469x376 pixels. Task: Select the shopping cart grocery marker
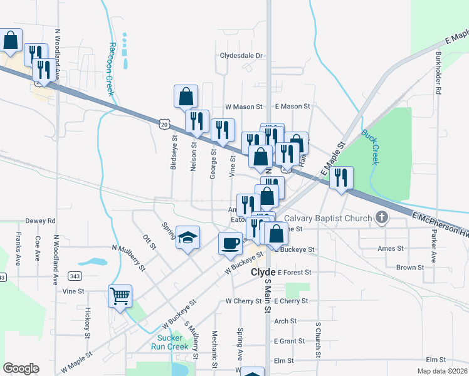click(120, 296)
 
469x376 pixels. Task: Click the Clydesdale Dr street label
click(241, 55)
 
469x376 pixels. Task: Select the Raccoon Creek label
click(112, 69)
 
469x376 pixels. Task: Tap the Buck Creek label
click(370, 147)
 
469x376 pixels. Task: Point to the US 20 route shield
click(163, 125)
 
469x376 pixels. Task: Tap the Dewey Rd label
click(41, 221)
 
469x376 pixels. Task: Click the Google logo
click(21, 368)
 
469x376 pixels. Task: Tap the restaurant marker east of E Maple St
click(341, 177)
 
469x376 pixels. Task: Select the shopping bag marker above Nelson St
click(186, 97)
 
